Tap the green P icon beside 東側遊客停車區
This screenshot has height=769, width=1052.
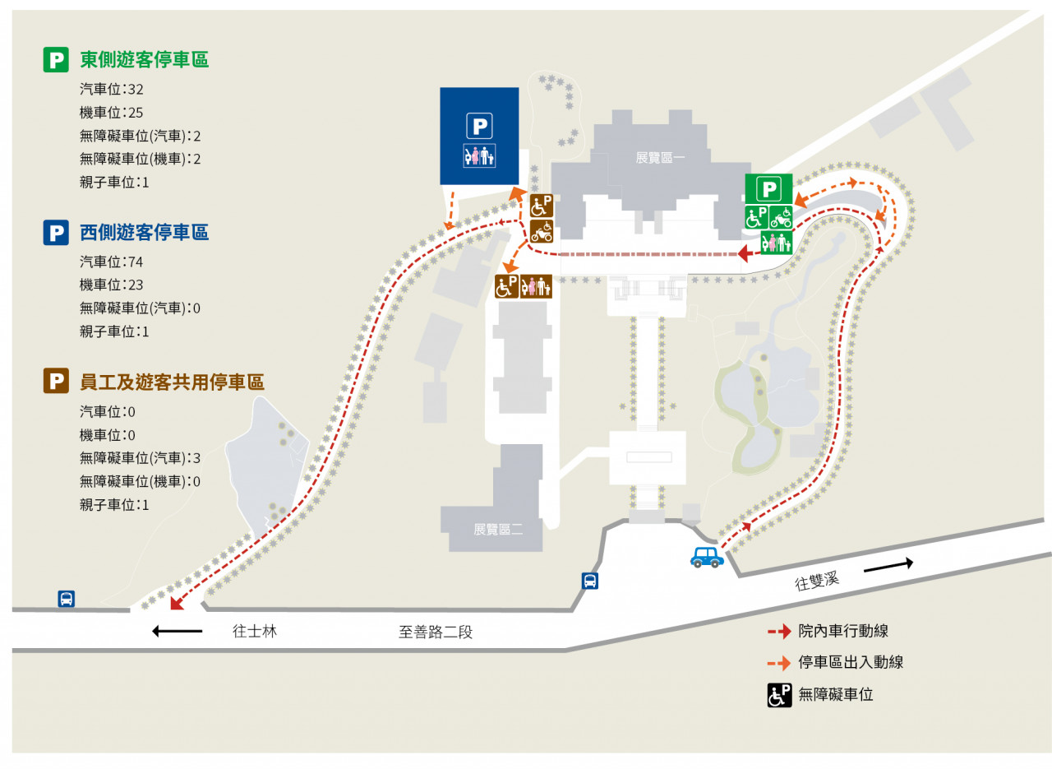(56, 59)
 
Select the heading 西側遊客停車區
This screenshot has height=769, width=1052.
(144, 233)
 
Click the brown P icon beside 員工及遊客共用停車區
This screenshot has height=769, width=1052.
(56, 382)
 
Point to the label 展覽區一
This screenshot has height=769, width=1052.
(660, 157)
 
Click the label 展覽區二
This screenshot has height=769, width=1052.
(498, 530)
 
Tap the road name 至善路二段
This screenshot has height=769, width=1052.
(436, 632)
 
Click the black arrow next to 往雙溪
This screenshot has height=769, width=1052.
(888, 564)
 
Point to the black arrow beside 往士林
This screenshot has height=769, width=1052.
(178, 631)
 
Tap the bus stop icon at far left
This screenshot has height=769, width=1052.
(67, 599)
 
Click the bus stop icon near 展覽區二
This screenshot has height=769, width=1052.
(590, 581)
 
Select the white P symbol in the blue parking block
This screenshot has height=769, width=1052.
(479, 125)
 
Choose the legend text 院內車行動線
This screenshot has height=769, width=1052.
(843, 632)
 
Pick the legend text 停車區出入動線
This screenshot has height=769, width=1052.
(851, 662)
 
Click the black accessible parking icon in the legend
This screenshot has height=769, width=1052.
(779, 695)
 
